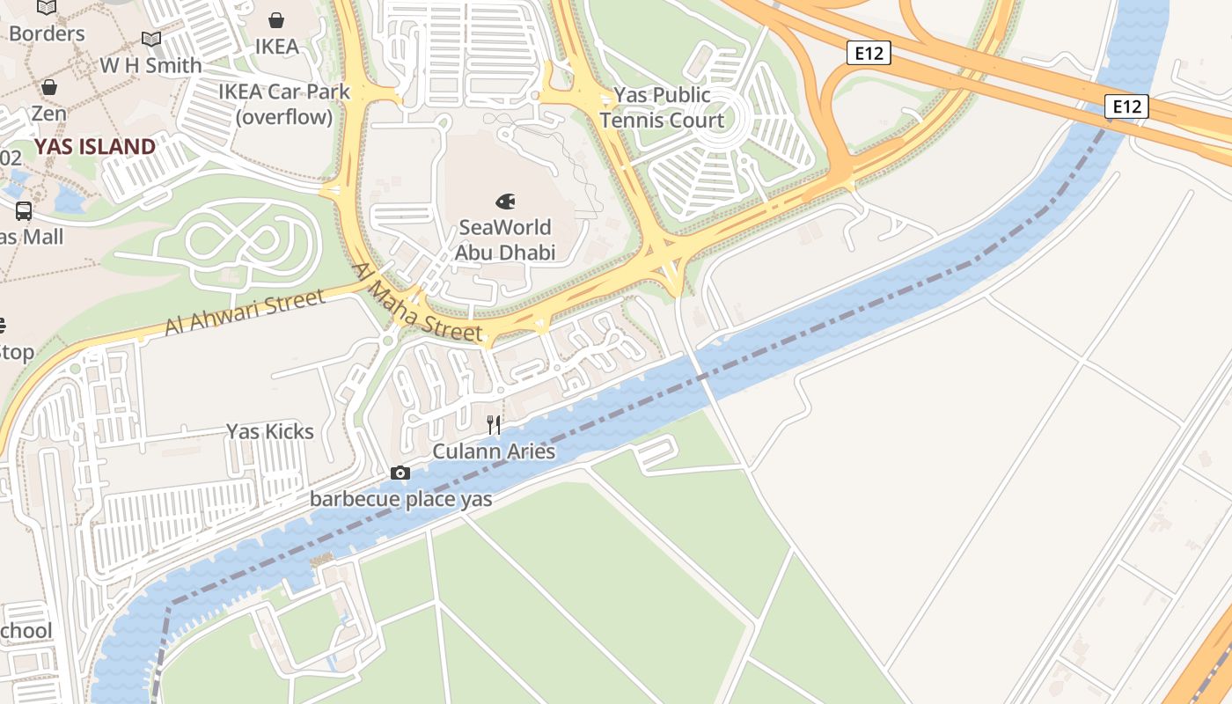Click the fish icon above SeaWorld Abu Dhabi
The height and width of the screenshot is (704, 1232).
coord(505,202)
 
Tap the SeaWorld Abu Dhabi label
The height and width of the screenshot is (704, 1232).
coord(505,240)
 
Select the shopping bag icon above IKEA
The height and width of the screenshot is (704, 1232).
coord(276,20)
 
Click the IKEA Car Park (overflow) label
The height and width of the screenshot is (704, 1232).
coord(284,104)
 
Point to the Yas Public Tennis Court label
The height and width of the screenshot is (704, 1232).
coord(662,107)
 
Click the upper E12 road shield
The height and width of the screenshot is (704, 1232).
coord(869,54)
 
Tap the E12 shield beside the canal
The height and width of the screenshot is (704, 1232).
coord(1126,107)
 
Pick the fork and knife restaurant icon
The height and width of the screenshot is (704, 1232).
coord(494,426)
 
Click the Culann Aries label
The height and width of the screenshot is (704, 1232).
coord(494,451)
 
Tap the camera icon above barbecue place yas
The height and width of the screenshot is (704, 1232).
coord(400,473)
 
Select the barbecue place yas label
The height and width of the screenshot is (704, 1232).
coord(400,499)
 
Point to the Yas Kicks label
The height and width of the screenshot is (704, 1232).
coord(270,431)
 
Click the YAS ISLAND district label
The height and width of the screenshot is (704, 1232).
coord(95,146)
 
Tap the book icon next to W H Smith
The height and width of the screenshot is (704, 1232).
coord(151,40)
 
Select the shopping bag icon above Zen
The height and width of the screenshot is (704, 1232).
coord(49,87)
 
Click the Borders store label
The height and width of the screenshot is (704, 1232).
coord(47,33)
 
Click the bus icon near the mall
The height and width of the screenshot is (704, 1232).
coord(24,211)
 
